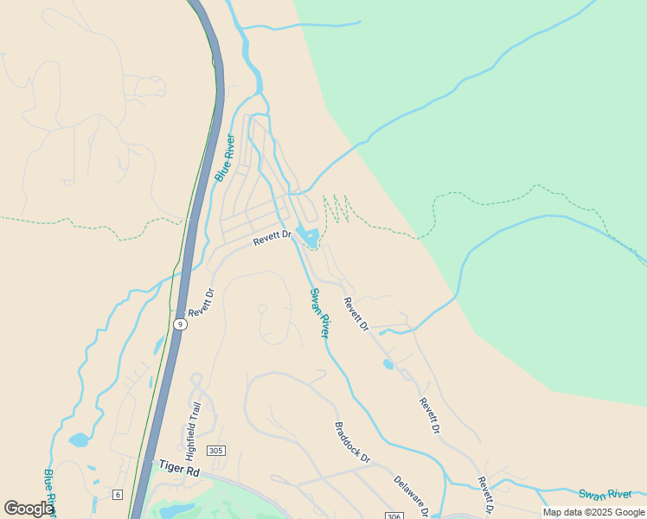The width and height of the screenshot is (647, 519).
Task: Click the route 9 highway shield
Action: click(179, 324)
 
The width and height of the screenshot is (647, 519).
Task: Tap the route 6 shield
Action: click(117, 494)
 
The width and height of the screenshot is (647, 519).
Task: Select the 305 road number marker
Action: click(216, 450)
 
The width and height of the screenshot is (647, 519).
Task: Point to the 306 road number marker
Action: click(394, 516)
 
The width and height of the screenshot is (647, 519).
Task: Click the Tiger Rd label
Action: click(180, 469)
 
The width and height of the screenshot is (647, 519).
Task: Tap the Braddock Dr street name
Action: click(352, 442)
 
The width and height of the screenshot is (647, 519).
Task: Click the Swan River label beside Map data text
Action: click(605, 494)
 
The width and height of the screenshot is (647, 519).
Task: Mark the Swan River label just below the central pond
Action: click(320, 313)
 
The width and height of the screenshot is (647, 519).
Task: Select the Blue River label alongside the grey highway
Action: click(225, 157)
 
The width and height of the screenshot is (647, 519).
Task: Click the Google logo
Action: click(29, 509)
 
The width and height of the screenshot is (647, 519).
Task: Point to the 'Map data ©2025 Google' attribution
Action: click(593, 512)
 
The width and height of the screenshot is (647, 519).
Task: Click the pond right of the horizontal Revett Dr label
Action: click(308, 235)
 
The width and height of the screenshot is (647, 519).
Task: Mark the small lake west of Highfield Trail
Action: click(79, 439)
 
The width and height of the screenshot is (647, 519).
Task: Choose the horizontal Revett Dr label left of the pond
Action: click(272, 239)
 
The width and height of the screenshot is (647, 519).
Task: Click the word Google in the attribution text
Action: click(628, 512)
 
